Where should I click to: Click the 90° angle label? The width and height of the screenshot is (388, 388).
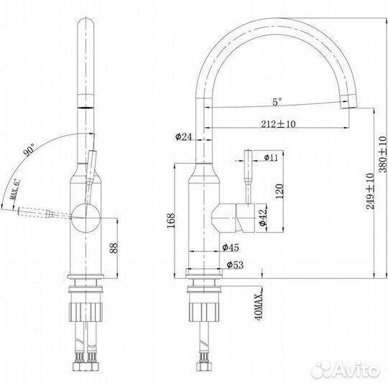coord(29,150)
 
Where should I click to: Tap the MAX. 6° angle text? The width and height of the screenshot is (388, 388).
coord(14,189)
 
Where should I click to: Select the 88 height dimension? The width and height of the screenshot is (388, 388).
coord(114,248)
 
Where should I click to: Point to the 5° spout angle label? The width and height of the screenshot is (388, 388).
coord(277,101)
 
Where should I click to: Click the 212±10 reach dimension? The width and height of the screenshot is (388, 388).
coord(278,124)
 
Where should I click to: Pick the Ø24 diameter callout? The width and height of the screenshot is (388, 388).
coord(183,137)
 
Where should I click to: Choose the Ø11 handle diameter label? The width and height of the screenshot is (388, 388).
coord(271,157)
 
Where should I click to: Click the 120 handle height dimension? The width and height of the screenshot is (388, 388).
coord(279,191)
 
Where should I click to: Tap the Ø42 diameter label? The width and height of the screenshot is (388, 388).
coord(263,217)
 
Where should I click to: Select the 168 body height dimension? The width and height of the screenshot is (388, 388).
coord(171,221)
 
